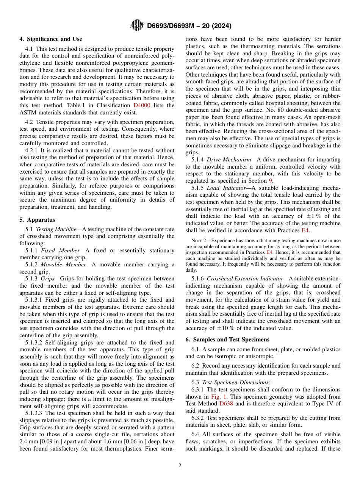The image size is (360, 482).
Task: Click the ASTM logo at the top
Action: tap(137, 25)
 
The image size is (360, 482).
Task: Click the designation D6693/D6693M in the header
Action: tap(174, 26)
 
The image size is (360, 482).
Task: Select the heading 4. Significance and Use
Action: tap(51, 39)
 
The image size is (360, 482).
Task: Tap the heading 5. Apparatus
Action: tap(37, 220)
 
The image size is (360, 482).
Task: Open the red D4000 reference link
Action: tap(142, 105)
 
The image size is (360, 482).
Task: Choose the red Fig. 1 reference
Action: tap(219, 397)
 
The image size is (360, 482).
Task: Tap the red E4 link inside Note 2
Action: tap(269, 252)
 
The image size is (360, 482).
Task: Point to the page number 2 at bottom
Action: tap(180, 466)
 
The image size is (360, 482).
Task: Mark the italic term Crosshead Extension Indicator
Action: tap(246, 279)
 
